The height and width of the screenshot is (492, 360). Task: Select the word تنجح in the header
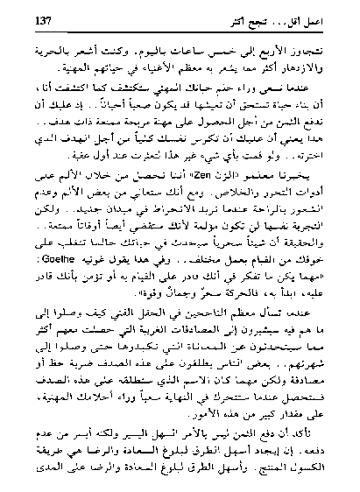coord(279,18)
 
